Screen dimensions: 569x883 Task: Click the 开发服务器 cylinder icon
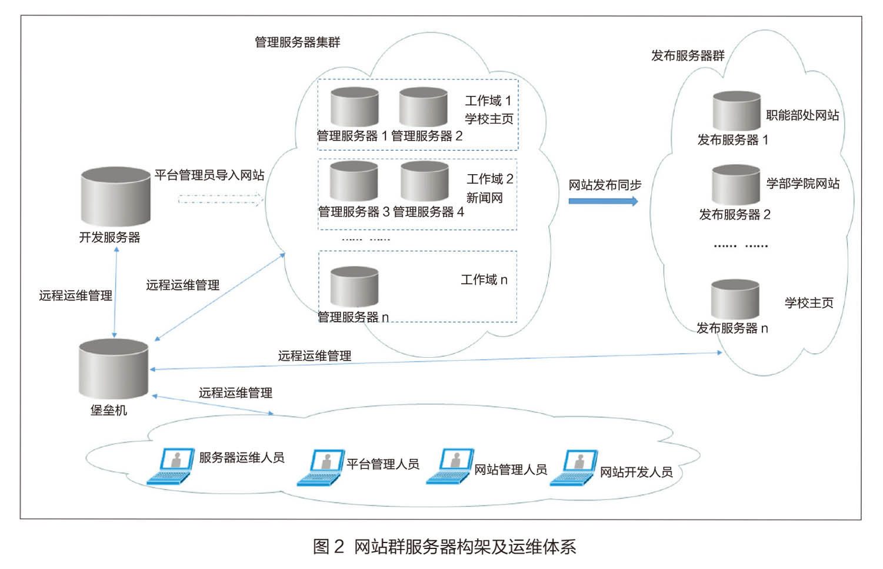click(115, 197)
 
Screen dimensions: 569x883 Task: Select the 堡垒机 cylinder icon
click(114, 369)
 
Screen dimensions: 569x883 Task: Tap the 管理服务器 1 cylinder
click(354, 107)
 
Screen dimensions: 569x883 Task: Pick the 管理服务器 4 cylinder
click(424, 182)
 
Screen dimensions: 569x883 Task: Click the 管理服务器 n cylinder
click(354, 287)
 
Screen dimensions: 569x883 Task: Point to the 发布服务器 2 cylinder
click(735, 185)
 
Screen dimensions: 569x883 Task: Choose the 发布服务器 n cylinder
click(735, 300)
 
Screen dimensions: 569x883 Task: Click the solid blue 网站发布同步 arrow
click(603, 201)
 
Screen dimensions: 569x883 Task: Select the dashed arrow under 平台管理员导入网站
click(219, 200)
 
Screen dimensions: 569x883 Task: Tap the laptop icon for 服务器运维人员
click(171, 466)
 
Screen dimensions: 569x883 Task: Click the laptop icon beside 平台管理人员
click(321, 468)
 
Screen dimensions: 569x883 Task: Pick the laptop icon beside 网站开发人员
click(574, 468)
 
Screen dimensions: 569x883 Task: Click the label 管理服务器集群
click(297, 42)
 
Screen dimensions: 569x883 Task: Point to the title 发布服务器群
click(687, 56)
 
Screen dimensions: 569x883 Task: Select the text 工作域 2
click(489, 179)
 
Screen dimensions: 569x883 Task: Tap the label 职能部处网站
click(802, 115)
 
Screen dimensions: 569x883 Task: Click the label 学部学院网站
click(802, 184)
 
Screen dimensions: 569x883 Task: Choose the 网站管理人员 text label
click(511, 470)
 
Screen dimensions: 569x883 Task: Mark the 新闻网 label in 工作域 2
click(485, 198)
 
